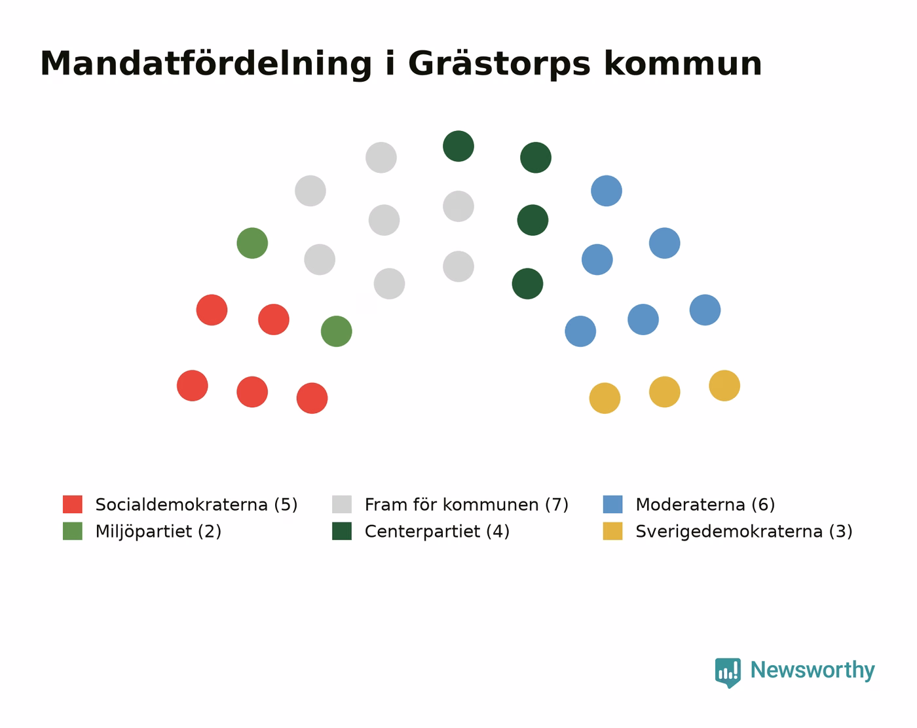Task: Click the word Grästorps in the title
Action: pos(499,64)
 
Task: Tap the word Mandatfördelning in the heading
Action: pos(206,64)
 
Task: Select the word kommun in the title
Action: pos(683,64)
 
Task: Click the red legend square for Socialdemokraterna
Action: pos(73,504)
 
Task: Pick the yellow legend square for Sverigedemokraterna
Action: pos(612,531)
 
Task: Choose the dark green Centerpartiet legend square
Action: pos(342,531)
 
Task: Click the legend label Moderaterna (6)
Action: pos(705,505)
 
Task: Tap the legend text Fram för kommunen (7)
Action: pos(466,505)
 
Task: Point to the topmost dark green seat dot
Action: pos(458,146)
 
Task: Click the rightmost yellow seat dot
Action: pos(724,386)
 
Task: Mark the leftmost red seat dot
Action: pos(192,386)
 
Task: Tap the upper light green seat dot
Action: pos(252,244)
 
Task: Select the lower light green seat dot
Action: pos(336,331)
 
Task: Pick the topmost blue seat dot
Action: pos(607,191)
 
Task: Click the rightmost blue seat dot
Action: pos(705,310)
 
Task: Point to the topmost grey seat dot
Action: pos(381,158)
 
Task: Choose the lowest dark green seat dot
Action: pos(527,283)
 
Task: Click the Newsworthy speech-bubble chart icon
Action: pos(728,672)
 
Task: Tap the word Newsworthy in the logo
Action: pos(812,670)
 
